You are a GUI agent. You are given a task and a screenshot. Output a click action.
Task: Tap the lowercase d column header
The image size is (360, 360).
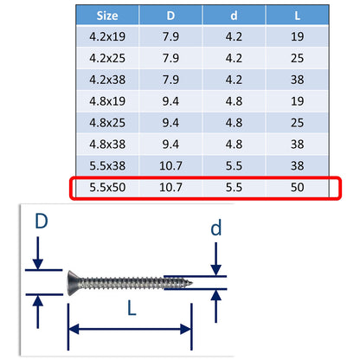click(x=233, y=15)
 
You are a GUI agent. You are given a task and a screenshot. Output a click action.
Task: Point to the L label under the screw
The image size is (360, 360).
click(x=128, y=307)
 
